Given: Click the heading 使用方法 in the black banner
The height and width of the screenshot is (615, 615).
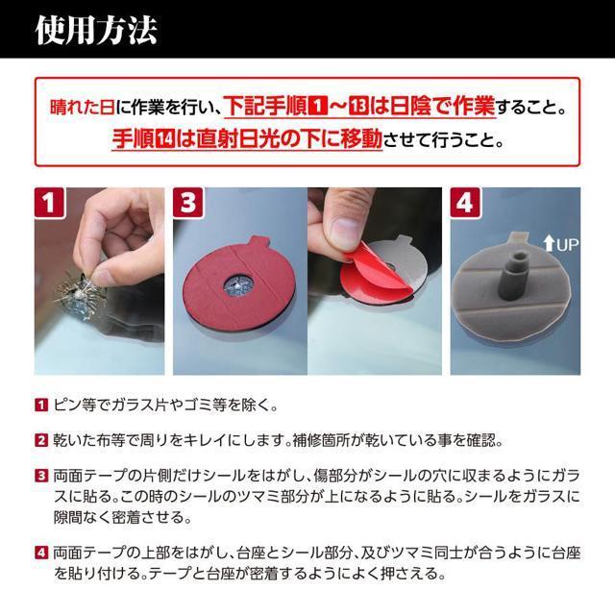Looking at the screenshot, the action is click(96, 30).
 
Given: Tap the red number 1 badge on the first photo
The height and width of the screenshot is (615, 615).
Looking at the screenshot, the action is click(49, 203).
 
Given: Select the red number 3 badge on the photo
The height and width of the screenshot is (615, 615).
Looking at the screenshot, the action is click(188, 203).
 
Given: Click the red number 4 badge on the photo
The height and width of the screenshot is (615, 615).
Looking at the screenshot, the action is click(465, 203).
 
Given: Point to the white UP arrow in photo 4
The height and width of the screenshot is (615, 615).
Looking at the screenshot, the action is click(549, 244).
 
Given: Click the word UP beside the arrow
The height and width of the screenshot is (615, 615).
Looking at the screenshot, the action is click(567, 245).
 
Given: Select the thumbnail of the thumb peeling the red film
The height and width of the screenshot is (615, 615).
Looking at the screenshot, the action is click(375, 281).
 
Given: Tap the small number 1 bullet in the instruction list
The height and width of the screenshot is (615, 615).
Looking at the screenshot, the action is click(41, 405).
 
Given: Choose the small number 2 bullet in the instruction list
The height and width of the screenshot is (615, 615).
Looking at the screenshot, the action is click(41, 440).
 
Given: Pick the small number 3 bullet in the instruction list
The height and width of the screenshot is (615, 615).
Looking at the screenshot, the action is click(41, 476).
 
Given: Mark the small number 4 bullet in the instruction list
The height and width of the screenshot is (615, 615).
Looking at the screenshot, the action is click(41, 553).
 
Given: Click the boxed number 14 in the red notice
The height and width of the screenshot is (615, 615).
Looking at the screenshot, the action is click(165, 139).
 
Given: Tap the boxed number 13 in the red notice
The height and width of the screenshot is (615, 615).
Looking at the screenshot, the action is click(358, 107).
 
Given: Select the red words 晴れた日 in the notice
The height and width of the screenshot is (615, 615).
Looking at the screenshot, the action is click(83, 107).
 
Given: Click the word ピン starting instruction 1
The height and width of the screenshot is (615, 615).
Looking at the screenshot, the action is click(67, 405).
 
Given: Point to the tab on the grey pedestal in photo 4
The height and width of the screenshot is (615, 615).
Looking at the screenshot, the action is click(519, 237).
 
